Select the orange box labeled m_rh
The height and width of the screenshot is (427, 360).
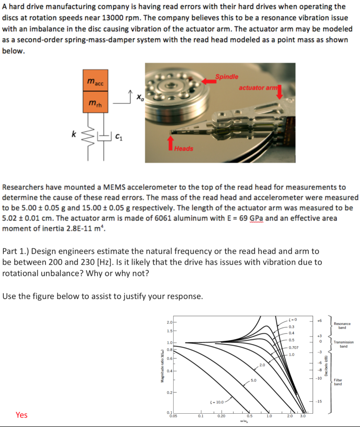95,103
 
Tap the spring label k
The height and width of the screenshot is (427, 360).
74,134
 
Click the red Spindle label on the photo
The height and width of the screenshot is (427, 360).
227,77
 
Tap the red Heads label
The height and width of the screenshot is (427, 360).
184,148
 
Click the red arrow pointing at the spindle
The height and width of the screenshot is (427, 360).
210,81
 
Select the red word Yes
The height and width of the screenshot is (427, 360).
22,414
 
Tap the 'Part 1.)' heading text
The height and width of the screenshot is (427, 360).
15,251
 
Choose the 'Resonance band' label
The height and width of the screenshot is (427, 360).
342,326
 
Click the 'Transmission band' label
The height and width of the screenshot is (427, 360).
344,344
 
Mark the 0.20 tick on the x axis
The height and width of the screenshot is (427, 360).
221,415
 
